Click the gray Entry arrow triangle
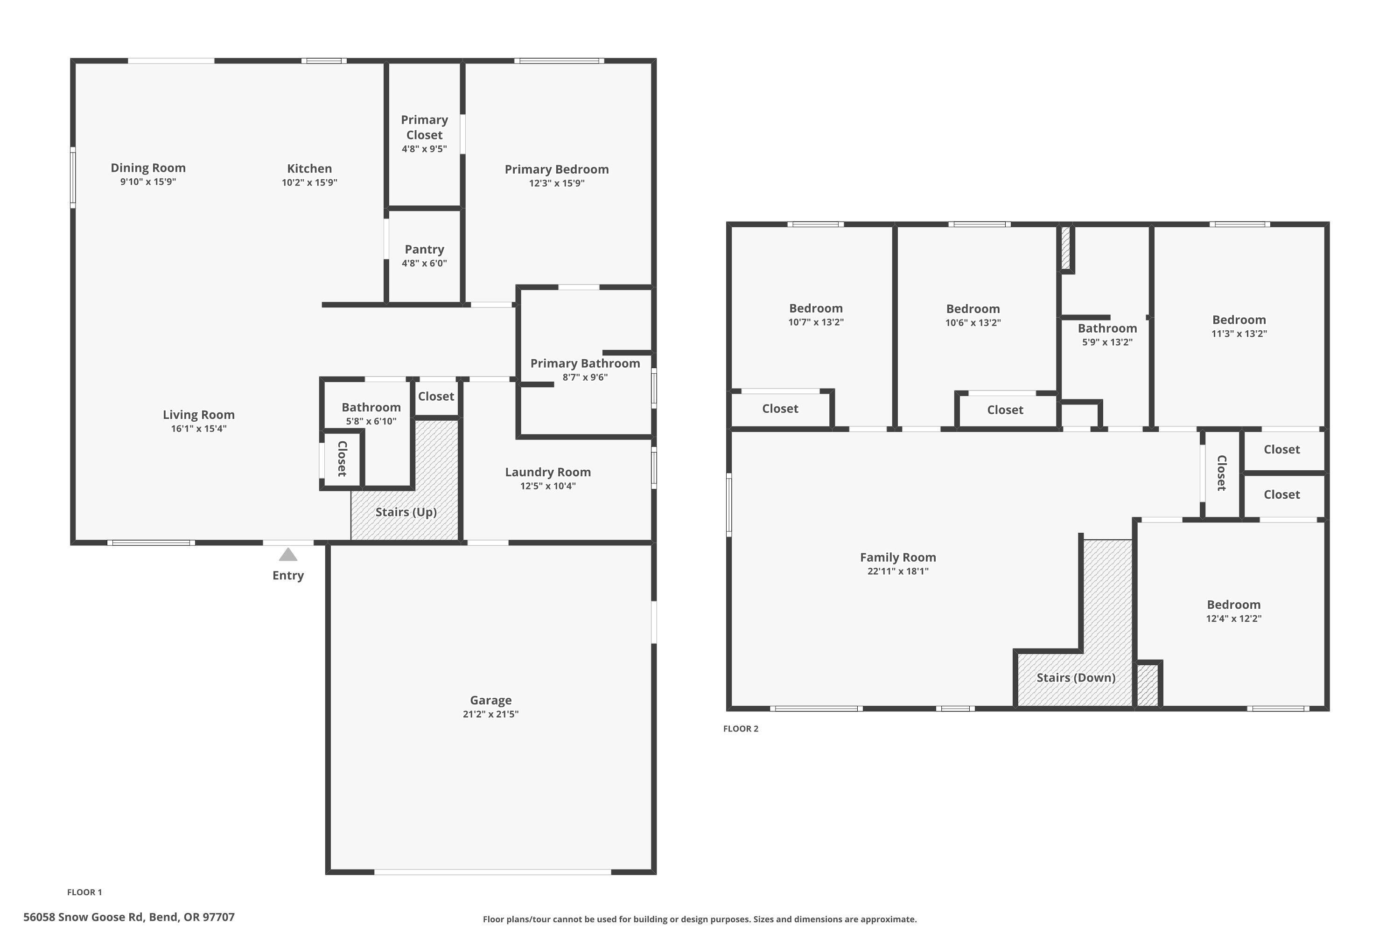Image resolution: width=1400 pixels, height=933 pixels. pyautogui.click(x=288, y=555)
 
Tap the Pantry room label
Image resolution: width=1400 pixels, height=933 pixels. pyautogui.click(x=424, y=249)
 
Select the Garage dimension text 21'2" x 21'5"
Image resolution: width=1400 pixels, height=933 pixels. pyautogui.click(x=490, y=714)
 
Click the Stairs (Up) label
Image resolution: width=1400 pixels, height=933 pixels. pyautogui.click(x=406, y=512)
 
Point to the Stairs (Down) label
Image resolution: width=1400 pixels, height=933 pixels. pyautogui.click(x=1076, y=677)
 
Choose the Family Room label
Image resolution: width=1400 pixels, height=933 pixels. pyautogui.click(x=897, y=557)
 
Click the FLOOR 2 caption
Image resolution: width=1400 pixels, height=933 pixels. pyautogui.click(x=741, y=728)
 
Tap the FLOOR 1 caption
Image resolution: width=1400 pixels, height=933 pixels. pyautogui.click(x=84, y=892)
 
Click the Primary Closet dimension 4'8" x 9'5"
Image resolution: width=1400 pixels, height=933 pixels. pyautogui.click(x=424, y=149)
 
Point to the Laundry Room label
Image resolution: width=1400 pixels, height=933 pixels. pyautogui.click(x=547, y=472)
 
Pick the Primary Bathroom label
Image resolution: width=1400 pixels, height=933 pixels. pyautogui.click(x=585, y=363)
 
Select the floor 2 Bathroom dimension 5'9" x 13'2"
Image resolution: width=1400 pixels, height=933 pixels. pyautogui.click(x=1106, y=342)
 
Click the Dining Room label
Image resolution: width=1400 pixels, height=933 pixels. pyautogui.click(x=148, y=168)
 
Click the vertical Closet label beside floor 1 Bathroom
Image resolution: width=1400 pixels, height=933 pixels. pyautogui.click(x=342, y=458)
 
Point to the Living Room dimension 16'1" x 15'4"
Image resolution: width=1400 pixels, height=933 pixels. pyautogui.click(x=199, y=428)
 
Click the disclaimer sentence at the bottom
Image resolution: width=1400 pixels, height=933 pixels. pyautogui.click(x=700, y=919)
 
